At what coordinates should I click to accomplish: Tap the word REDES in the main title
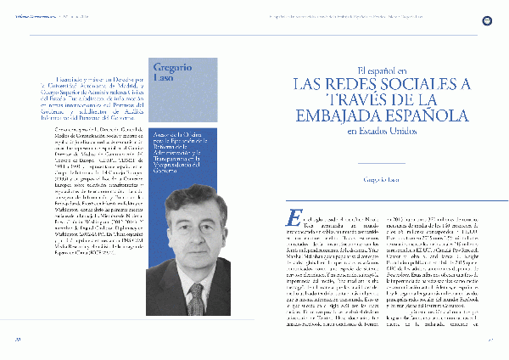354,84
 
